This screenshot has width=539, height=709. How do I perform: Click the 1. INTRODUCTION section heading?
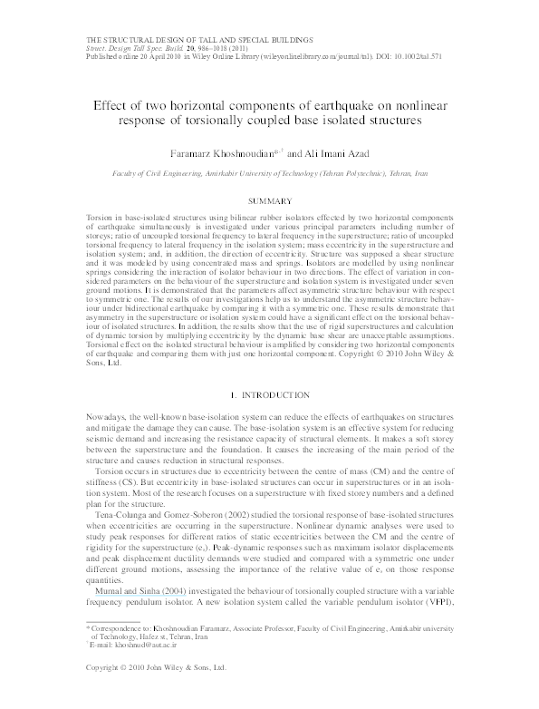(269, 395)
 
